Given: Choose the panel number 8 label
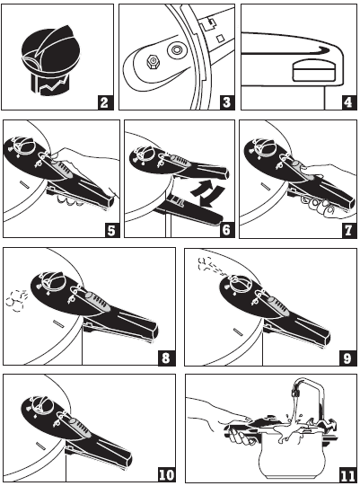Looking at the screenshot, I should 165,358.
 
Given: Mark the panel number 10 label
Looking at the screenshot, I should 165,473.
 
